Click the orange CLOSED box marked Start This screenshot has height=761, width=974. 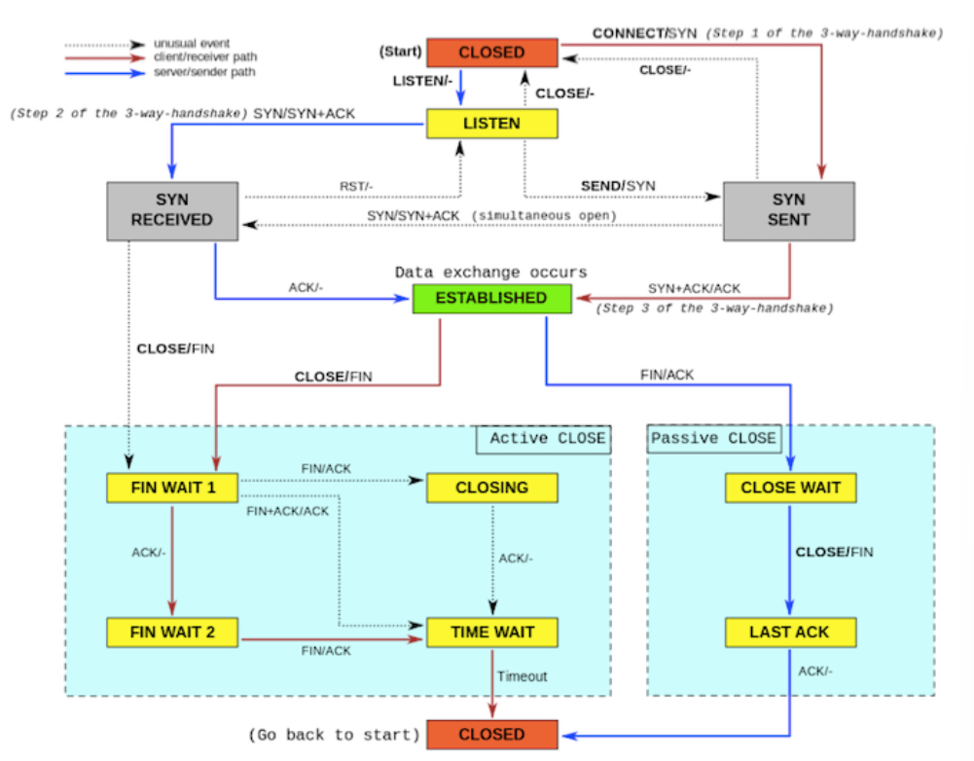pyautogui.click(x=491, y=53)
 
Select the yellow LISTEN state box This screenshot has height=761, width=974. pyautogui.click(x=491, y=124)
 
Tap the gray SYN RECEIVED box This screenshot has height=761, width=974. pyautogui.click(x=172, y=210)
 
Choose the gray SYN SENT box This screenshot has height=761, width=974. pyautogui.click(x=788, y=210)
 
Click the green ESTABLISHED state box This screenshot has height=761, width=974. pyautogui.click(x=490, y=298)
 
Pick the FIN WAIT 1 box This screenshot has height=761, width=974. pyautogui.click(x=172, y=488)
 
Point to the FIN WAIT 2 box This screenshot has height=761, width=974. pyautogui.click(x=172, y=633)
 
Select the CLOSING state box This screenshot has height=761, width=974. pyautogui.click(x=491, y=488)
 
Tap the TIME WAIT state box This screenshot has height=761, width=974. pyautogui.click(x=491, y=633)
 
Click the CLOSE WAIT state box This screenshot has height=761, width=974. pyautogui.click(x=790, y=488)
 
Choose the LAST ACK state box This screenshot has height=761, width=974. pyautogui.click(x=790, y=633)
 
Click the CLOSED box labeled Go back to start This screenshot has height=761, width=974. pyautogui.click(x=491, y=735)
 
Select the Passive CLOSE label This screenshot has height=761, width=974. pyautogui.click(x=713, y=438)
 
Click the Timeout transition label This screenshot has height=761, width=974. pyautogui.click(x=523, y=676)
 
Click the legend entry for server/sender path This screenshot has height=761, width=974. pyautogui.click(x=204, y=72)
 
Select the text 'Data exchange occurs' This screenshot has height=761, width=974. pyautogui.click(x=490, y=272)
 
